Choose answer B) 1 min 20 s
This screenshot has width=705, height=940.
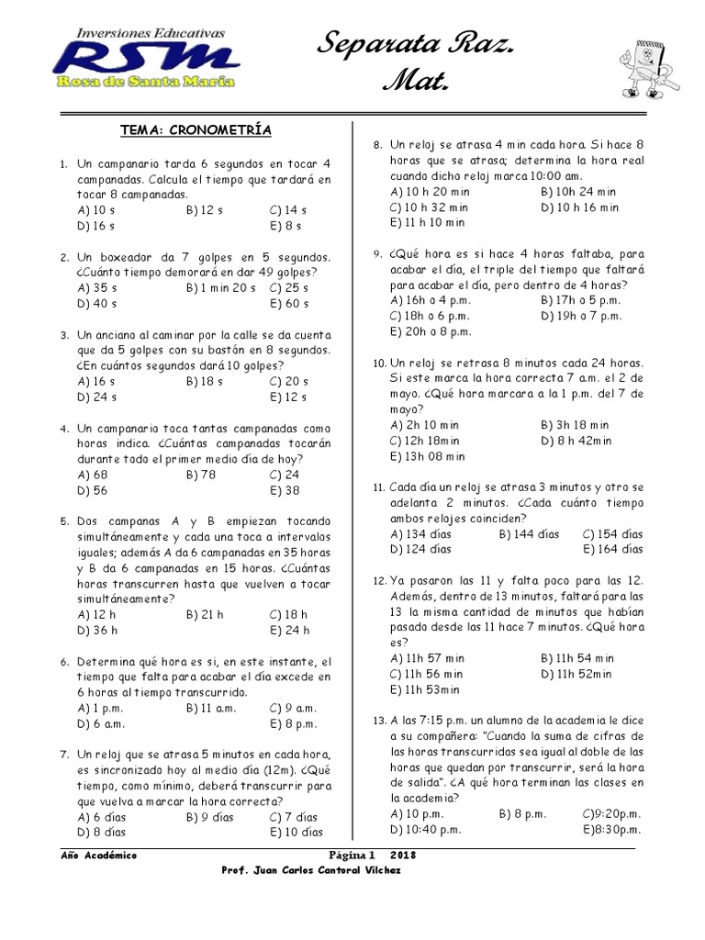pyautogui.click(x=220, y=287)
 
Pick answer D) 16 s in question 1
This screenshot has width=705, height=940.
pyautogui.click(x=96, y=224)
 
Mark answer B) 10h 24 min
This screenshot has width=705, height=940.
pyautogui.click(x=579, y=192)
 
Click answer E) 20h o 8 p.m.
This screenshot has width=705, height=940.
pyautogui.click(x=431, y=330)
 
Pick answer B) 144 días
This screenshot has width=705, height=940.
pyautogui.click(x=529, y=533)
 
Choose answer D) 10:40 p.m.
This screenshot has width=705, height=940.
pyautogui.click(x=425, y=829)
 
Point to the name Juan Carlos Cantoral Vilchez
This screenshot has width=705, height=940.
pyautogui.click(x=330, y=870)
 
